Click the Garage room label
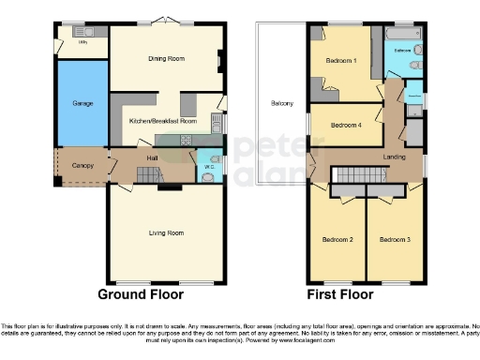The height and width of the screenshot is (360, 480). (82, 102)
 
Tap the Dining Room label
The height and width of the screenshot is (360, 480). (166, 59)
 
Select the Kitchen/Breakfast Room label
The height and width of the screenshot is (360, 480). (162, 121)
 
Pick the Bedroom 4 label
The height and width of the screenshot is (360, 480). (346, 124)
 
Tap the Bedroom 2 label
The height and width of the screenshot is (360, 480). (338, 240)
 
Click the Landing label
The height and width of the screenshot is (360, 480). (395, 157)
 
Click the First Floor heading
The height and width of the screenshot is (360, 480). (340, 294)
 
